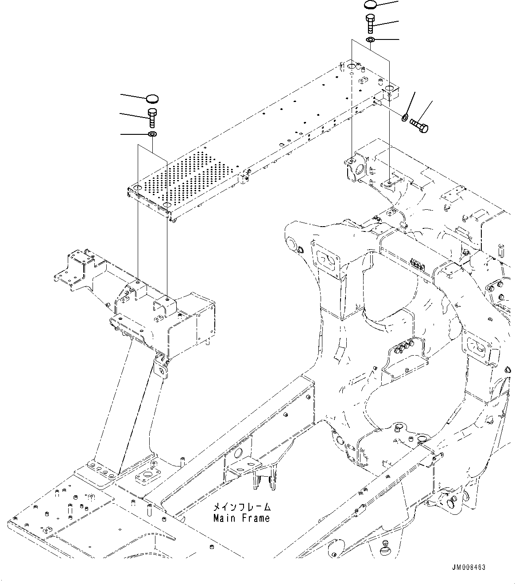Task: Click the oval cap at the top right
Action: (371, 5)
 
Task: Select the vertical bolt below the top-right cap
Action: (371, 23)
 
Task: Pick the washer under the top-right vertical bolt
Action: (371, 40)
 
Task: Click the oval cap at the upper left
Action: (152, 98)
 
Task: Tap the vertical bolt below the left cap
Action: (152, 116)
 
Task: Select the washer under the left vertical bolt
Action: (152, 134)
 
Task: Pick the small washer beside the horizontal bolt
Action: (405, 118)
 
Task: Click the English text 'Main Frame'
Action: (241, 517)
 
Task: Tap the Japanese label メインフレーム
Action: (242, 507)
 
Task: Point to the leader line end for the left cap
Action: (122, 95)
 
